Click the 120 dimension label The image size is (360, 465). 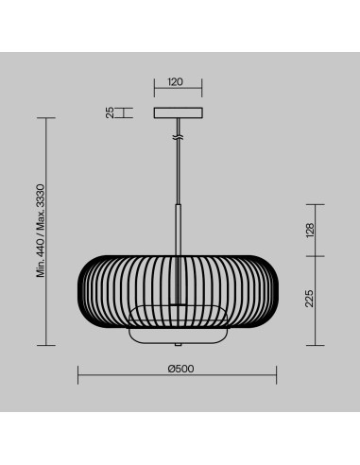175,82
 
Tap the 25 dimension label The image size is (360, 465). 110,112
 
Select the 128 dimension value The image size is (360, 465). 310,231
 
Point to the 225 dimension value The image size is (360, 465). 310,299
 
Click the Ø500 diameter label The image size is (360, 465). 180,369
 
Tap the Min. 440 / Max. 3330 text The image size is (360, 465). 41,231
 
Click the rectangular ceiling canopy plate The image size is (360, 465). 179,113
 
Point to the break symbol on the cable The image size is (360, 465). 179,137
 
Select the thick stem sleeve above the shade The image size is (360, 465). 179,230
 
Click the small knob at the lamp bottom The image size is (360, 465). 179,345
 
